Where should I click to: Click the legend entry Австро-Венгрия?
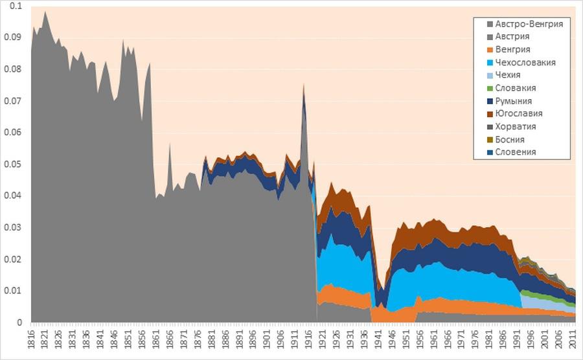(529, 24)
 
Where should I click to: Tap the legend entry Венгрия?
(513, 50)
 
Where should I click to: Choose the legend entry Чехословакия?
(525, 63)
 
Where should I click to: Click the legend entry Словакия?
(516, 88)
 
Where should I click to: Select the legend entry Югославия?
(519, 113)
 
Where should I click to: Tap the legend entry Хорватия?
(516, 126)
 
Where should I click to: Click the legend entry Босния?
(510, 139)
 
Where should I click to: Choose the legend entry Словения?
(516, 152)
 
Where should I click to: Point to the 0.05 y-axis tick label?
(13, 164)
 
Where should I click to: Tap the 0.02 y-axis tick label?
(13, 260)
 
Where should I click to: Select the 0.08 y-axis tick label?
(13, 70)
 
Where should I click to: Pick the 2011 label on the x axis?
(573, 339)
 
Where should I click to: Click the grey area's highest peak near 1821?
(45, 12)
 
